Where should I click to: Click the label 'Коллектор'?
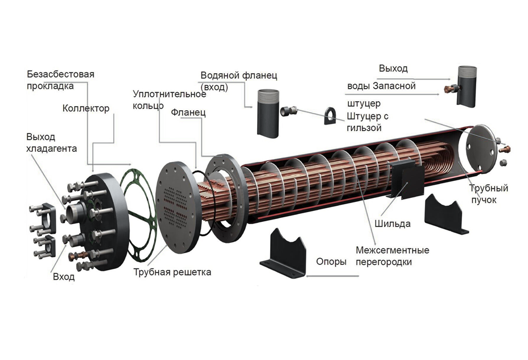(86, 108)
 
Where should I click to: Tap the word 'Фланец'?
(188, 113)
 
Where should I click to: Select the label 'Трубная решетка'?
(172, 272)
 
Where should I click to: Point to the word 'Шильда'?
(392, 224)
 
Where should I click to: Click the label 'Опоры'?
(331, 262)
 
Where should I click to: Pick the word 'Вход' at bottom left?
(64, 277)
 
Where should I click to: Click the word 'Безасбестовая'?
(61, 74)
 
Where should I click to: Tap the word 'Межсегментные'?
(393, 250)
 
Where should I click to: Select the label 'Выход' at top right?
(393, 68)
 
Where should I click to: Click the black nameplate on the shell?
(406, 179)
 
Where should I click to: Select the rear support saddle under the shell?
(446, 214)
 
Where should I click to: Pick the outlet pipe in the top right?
(467, 86)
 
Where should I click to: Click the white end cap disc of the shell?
(478, 148)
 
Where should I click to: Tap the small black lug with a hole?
(331, 116)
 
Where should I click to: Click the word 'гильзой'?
(364, 128)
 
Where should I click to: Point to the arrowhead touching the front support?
(308, 276)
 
